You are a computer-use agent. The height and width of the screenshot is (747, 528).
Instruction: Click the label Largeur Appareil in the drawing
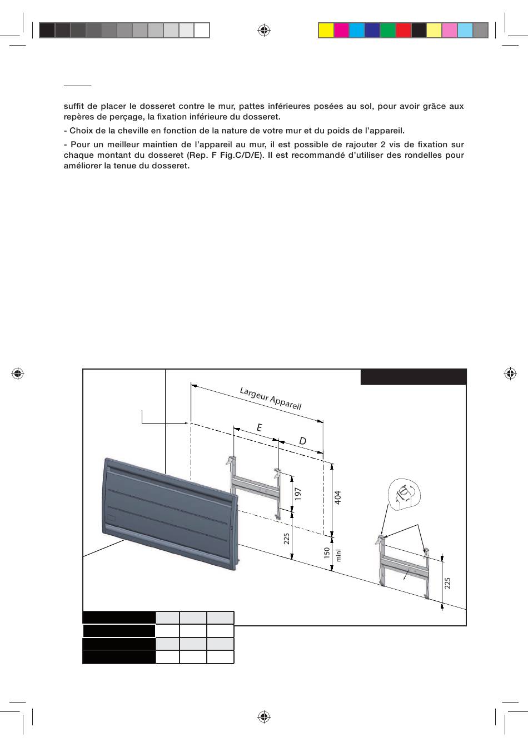pyautogui.click(x=270, y=398)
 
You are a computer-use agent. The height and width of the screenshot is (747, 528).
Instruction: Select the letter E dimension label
pyautogui.click(x=259, y=427)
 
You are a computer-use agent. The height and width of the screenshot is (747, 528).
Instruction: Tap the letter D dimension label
pyautogui.click(x=303, y=441)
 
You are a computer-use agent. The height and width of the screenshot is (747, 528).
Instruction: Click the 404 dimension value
pyautogui.click(x=337, y=497)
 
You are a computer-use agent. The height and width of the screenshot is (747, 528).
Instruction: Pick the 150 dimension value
pyautogui.click(x=327, y=552)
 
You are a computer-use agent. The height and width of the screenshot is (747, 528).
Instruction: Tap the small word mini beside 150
pyautogui.click(x=337, y=554)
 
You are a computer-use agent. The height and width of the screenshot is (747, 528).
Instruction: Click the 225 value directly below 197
pyautogui.click(x=287, y=538)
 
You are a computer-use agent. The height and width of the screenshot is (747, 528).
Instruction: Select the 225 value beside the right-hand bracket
pyautogui.click(x=447, y=582)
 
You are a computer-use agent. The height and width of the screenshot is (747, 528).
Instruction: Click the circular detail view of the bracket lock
pyautogui.click(x=404, y=494)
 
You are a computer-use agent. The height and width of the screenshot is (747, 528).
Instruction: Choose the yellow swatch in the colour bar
pyautogui.click(x=326, y=30)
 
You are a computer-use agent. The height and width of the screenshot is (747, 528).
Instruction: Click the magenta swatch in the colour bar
pyautogui.click(x=341, y=30)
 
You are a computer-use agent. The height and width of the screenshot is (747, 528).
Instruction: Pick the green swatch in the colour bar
pyautogui.click(x=388, y=30)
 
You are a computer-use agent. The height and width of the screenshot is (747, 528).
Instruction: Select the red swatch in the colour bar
pyautogui.click(x=404, y=30)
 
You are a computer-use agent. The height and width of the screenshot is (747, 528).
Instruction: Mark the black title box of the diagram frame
pyautogui.click(x=414, y=377)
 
